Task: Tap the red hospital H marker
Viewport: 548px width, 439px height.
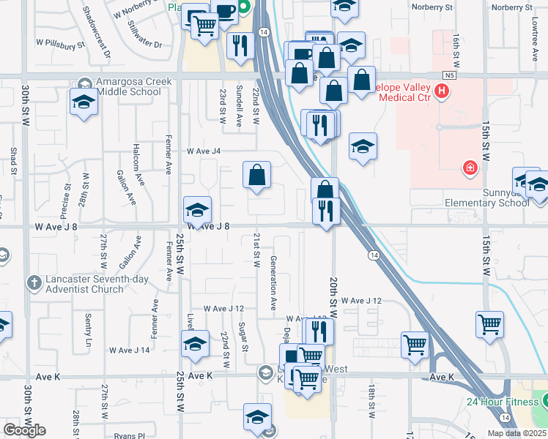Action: [442, 91]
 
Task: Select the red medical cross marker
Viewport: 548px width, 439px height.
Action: [470, 169]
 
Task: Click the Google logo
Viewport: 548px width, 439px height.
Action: [24, 430]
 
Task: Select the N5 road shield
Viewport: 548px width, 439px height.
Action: [449, 75]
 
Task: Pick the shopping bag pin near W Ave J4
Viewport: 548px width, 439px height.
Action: [257, 176]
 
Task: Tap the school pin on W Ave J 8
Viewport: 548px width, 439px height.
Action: [196, 211]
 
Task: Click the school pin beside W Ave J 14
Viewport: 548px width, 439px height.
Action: [195, 345]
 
